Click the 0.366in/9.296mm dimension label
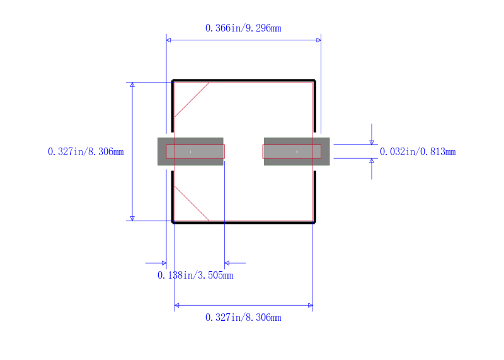pos(243,28)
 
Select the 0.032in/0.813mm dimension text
pos(418,151)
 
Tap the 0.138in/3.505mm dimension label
pos(195,276)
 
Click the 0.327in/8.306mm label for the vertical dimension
pos(86,151)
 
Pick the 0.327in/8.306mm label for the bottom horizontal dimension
pos(243,318)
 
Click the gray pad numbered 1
pos(190,151)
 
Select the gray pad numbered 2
pos(297,151)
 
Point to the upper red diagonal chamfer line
pos(192,100)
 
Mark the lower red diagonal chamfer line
pos(192,203)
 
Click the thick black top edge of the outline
pos(244,80)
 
